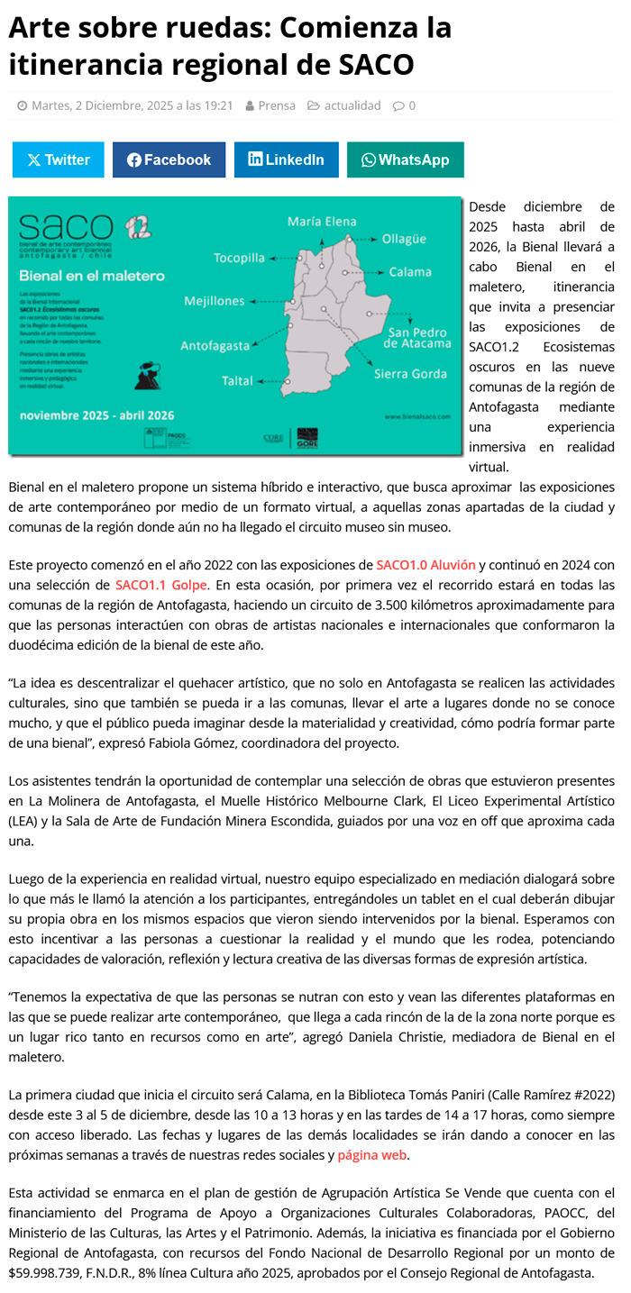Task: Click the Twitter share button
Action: click(x=59, y=159)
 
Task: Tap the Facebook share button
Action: click(x=169, y=159)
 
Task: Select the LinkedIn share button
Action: click(x=286, y=159)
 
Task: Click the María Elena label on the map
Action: click(x=322, y=222)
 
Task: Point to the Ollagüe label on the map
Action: click(x=404, y=239)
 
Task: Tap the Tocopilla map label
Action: click(x=239, y=259)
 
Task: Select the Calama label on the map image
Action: click(x=410, y=272)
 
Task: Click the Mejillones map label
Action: click(x=215, y=301)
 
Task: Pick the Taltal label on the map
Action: click(x=237, y=381)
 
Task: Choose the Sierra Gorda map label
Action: click(x=411, y=374)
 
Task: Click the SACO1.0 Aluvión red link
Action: click(x=426, y=565)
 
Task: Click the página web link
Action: click(x=372, y=1155)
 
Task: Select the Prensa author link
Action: click(x=276, y=105)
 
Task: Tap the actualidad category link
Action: click(x=352, y=105)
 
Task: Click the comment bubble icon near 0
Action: click(x=398, y=105)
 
